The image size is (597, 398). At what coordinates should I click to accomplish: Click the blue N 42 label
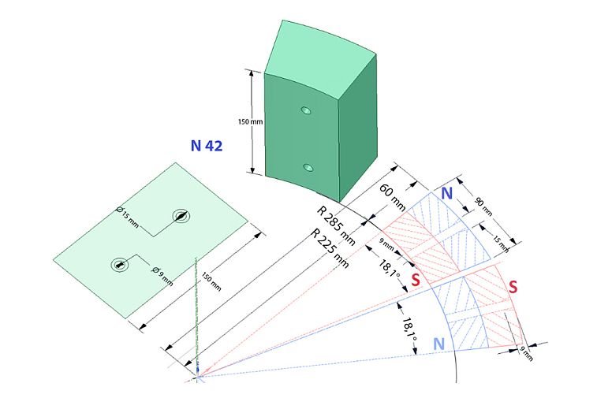coord(207,146)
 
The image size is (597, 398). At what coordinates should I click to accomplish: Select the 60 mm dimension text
coord(393,197)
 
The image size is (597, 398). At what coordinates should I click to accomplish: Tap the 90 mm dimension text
coord(483,207)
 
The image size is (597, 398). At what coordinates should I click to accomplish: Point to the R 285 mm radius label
coord(336,226)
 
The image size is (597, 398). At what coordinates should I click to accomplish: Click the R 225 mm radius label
coord(330,249)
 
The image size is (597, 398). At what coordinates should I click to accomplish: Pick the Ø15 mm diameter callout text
coord(128,217)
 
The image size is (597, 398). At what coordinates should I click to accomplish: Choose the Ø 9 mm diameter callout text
coord(162,277)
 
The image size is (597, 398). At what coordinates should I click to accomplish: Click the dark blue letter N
coord(446,193)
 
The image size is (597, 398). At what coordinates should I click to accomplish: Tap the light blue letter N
coord(439,344)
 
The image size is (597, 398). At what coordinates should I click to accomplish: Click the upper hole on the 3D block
coord(306,110)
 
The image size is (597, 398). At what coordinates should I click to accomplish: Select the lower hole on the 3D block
coord(308,167)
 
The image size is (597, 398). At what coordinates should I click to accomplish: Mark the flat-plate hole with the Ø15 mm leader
coord(181,216)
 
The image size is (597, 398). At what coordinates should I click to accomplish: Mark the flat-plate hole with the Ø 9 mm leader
coord(119,265)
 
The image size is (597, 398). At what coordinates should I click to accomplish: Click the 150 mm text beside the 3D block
coord(250,121)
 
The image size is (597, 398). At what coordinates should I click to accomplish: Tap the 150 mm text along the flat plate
coord(211,281)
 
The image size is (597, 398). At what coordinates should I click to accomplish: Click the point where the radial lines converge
coord(198,377)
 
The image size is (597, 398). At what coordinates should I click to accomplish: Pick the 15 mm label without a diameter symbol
coord(501,244)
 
